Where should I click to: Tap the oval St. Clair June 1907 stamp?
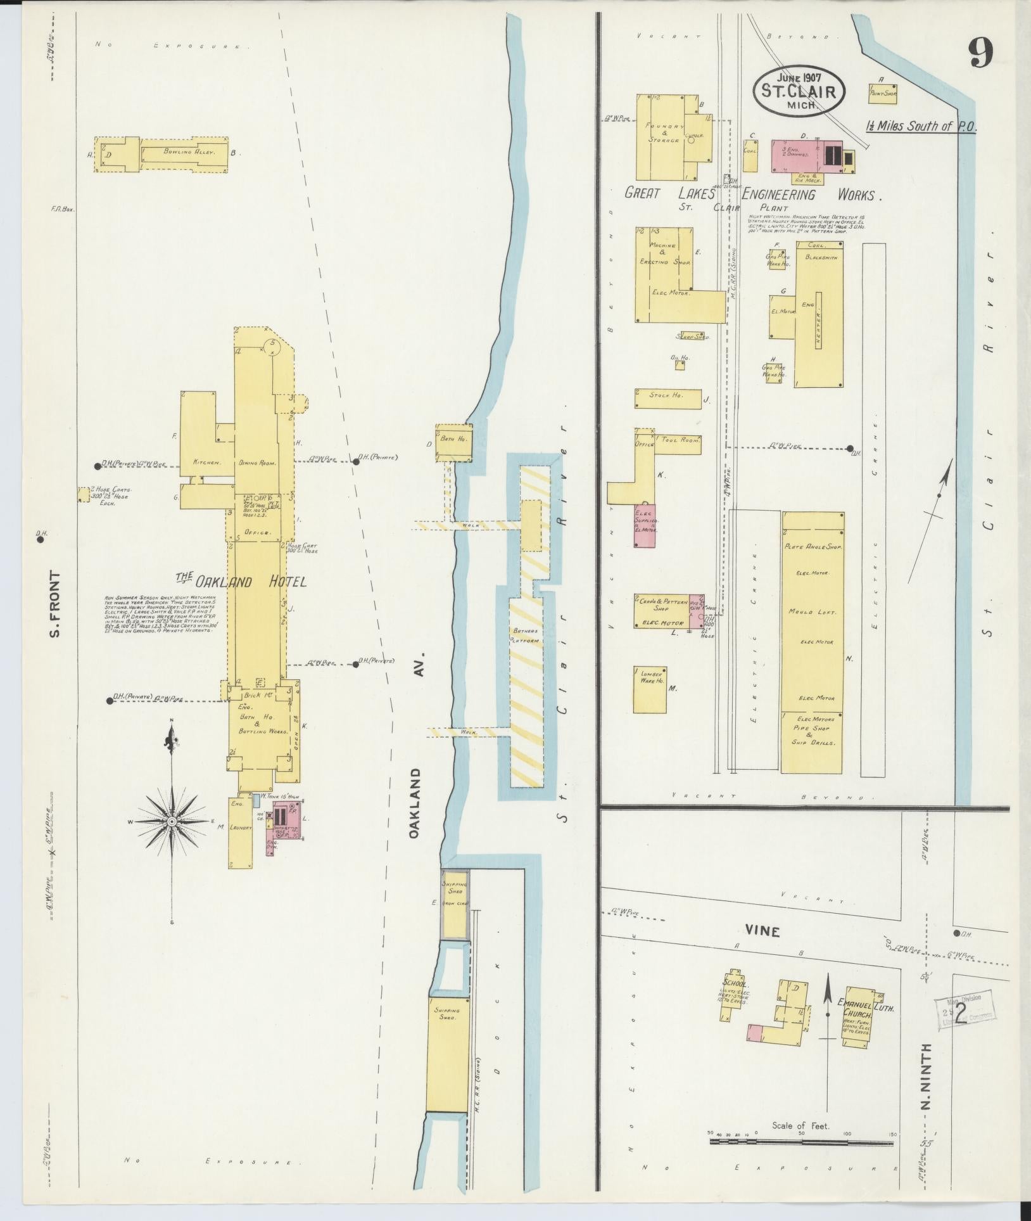click(x=799, y=91)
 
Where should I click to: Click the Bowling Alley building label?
click(x=180, y=152)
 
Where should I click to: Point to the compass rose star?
click(x=171, y=822)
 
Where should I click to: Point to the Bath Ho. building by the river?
click(x=454, y=442)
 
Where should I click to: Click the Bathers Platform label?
click(x=526, y=636)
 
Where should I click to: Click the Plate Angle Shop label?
click(x=812, y=546)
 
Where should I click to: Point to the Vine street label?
click(x=762, y=931)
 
